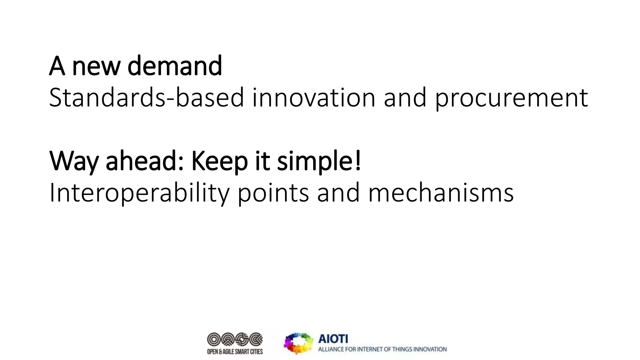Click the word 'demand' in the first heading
[x=175, y=66]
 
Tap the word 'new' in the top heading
[x=96, y=68]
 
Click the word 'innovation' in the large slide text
[x=314, y=98]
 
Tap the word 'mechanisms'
[x=441, y=193]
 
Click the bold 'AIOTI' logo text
[x=333, y=339]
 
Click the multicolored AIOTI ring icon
[x=298, y=343]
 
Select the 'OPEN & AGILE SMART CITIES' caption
[x=235, y=352]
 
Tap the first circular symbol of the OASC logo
[x=214, y=339]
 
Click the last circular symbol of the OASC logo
[x=256, y=339]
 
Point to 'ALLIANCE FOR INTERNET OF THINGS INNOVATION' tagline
[x=382, y=349]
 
